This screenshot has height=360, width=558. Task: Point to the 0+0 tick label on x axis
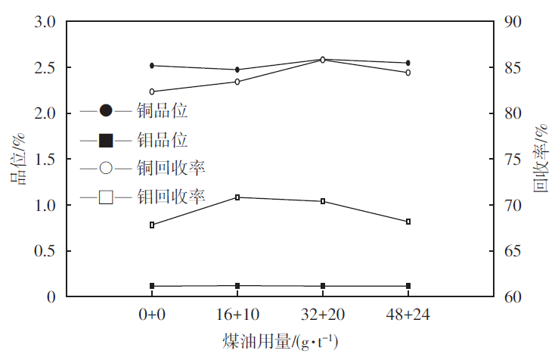coord(152,315)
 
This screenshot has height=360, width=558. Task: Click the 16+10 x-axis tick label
coord(237,315)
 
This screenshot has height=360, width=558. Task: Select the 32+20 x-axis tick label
coord(323,315)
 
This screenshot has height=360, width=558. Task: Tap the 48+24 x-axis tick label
coord(408,315)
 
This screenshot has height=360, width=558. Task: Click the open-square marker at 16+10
coord(237,197)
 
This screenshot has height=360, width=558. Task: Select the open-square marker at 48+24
coord(408,222)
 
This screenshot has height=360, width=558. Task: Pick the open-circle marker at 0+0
coord(152,92)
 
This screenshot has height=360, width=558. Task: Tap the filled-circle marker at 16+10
coord(237,70)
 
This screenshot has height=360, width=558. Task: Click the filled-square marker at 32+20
coord(323,286)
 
